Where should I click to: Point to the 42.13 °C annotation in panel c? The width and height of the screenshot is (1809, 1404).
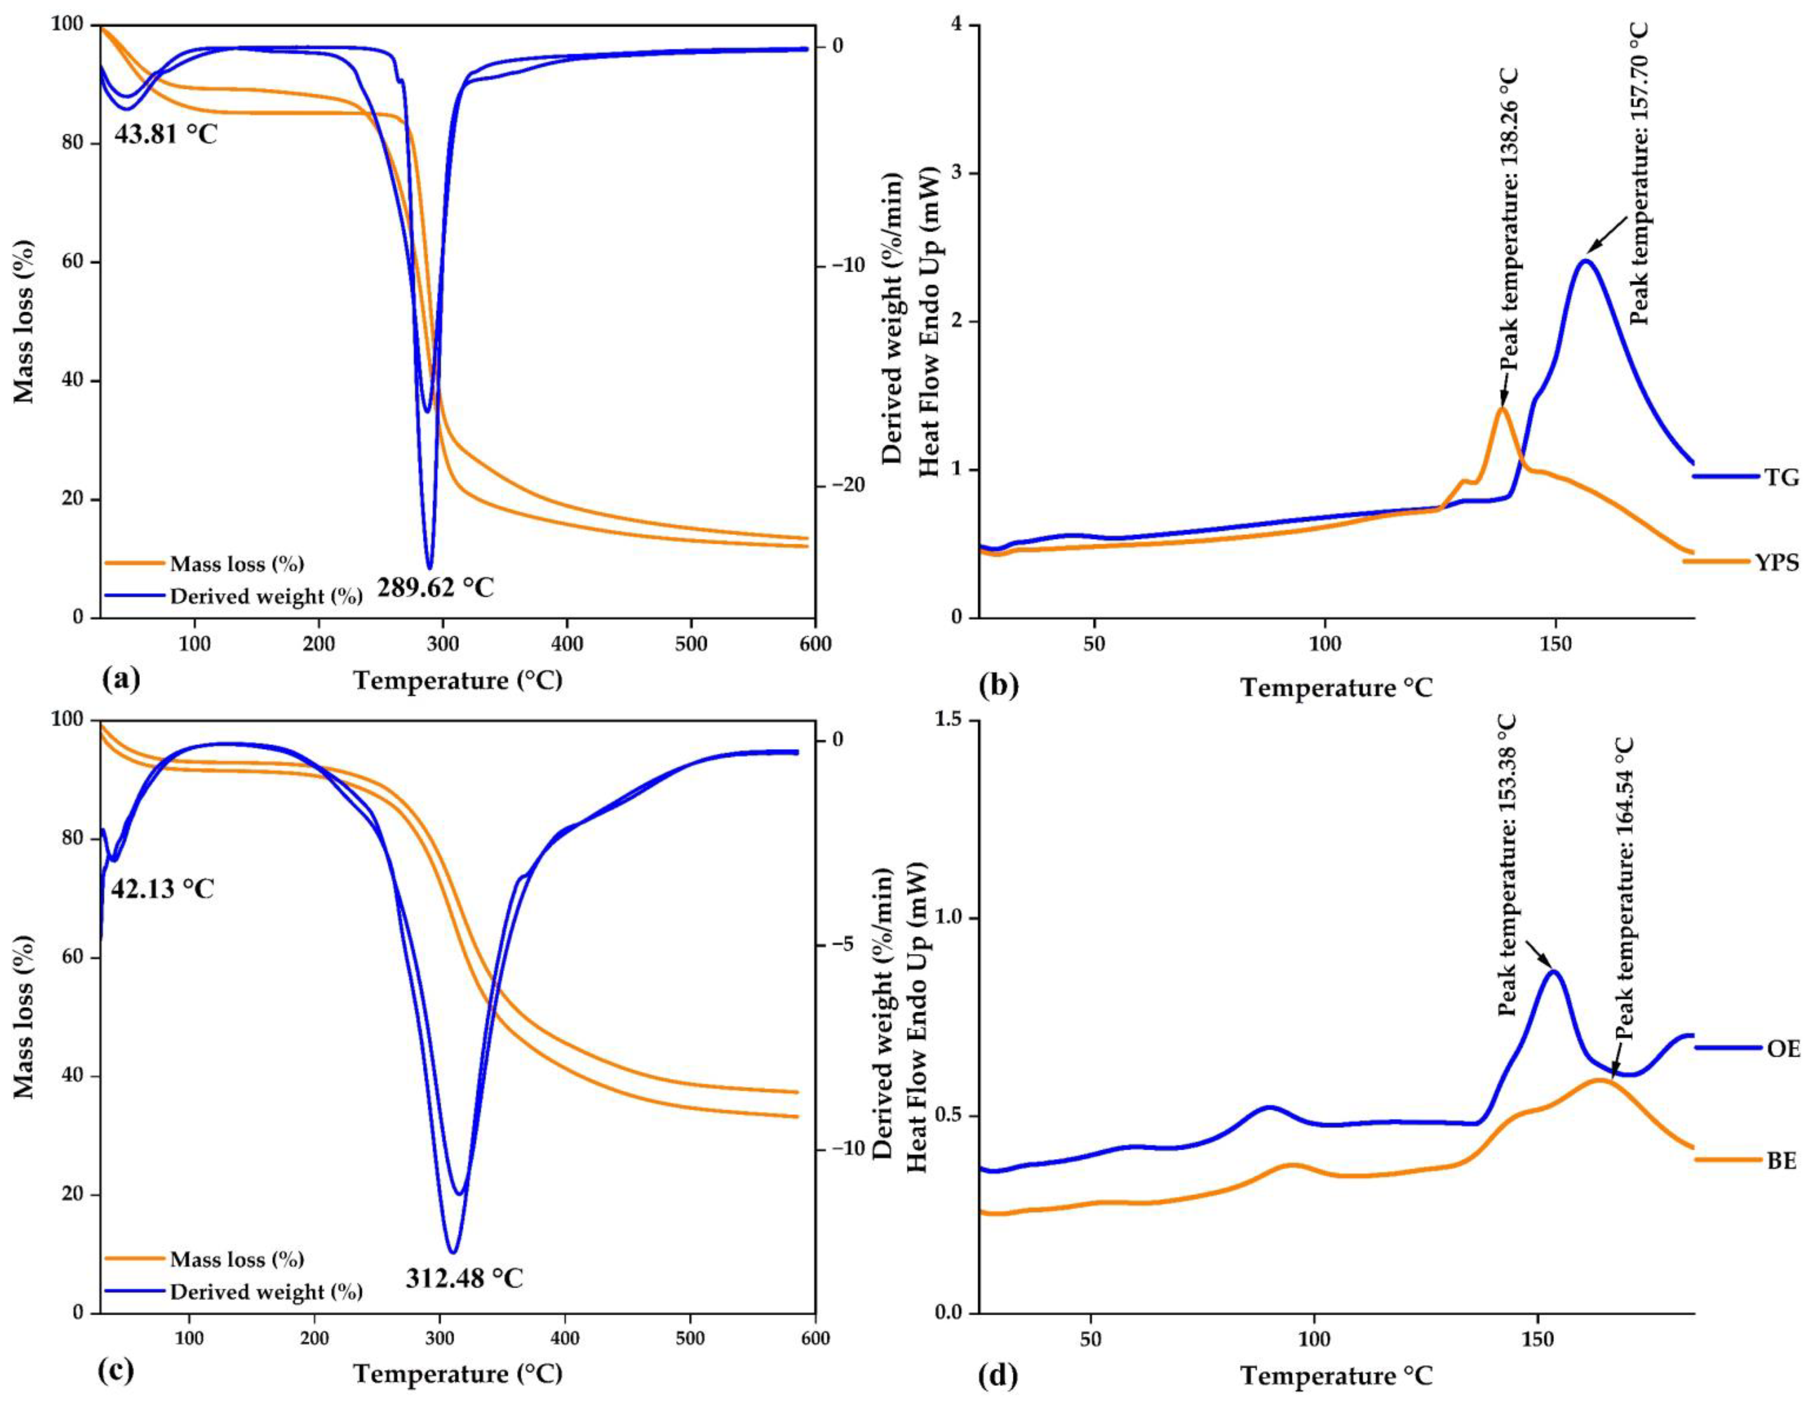coord(162,889)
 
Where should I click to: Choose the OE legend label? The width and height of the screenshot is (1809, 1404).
coord(1782,1049)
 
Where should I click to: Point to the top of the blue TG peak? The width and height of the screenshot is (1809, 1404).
coord(1585,261)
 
